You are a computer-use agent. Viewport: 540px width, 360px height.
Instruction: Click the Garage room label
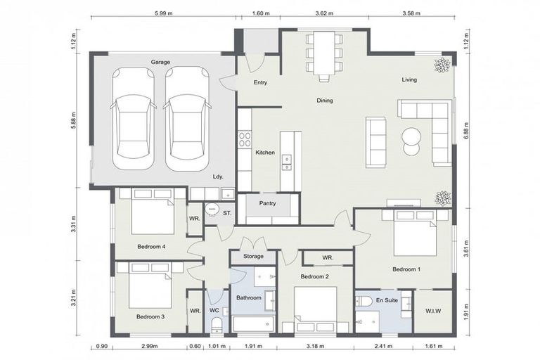point(161,62)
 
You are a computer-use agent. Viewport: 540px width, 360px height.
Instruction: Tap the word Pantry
point(268,204)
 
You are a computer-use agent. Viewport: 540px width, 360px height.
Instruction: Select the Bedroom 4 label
point(151,247)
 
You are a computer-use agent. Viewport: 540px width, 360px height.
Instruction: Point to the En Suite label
point(386,300)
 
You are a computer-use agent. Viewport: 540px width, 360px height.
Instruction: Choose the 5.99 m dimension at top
point(162,13)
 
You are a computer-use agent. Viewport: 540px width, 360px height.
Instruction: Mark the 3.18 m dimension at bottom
point(316,347)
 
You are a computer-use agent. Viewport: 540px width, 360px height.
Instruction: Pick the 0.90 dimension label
point(101,347)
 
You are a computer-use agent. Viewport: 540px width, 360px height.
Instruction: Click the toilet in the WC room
point(217,323)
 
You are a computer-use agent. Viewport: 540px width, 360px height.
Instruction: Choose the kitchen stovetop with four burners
point(245,138)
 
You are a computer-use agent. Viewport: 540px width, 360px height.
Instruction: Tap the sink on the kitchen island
point(287,162)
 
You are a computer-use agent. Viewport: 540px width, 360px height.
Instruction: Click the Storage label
point(253,257)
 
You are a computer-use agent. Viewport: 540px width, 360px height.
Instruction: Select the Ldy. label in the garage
point(217,176)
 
